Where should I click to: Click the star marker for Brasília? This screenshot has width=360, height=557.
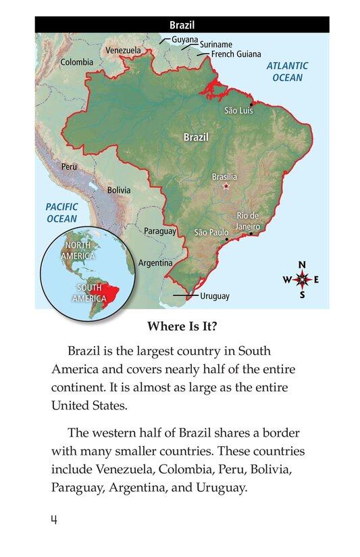(226, 186)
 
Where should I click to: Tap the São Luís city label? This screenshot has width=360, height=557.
(238, 110)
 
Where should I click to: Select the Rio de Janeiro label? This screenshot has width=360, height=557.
(247, 221)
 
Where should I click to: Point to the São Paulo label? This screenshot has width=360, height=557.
(211, 232)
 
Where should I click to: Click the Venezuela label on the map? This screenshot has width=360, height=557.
(123, 50)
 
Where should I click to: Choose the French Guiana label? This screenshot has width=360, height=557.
(236, 54)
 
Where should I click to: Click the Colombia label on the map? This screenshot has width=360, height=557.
(77, 62)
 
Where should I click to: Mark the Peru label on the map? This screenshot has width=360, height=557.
(69, 166)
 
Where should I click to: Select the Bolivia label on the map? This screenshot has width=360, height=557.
(119, 190)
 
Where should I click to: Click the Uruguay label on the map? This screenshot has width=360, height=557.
(215, 296)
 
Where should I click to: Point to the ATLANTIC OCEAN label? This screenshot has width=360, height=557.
(287, 72)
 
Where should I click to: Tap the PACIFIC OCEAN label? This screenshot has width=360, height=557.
(61, 213)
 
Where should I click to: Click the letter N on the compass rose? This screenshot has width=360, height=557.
(302, 264)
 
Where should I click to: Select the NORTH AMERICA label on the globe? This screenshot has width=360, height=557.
(78, 250)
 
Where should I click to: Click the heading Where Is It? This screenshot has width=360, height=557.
(182, 326)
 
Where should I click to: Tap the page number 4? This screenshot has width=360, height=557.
(53, 520)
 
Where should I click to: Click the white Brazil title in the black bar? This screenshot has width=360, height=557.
(182, 26)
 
